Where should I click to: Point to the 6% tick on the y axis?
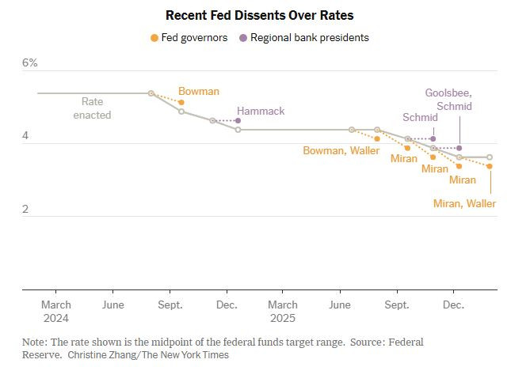29,62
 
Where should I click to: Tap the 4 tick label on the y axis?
25,136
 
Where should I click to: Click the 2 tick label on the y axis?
25,210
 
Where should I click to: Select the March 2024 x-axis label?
55,311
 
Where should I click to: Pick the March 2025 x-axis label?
283,311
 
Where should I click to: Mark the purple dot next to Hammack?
238,120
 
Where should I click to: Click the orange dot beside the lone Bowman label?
181,103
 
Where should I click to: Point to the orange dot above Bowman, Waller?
377,138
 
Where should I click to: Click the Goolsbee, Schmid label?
448,99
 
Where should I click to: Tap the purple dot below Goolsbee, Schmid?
460,148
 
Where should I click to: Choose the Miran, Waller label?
464,203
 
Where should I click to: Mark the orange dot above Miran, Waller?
490,166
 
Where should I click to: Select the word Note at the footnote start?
34,342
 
